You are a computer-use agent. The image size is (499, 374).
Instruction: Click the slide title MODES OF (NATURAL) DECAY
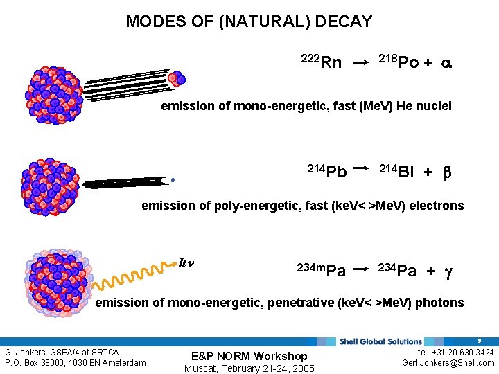pos(249,21)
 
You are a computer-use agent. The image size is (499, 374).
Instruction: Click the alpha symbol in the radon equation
pos(447,63)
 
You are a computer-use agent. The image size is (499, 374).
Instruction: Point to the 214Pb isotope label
pos(327,170)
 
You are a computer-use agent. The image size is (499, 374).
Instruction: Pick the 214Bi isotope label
pos(397,170)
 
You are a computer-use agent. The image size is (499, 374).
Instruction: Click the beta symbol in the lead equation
pos(446,172)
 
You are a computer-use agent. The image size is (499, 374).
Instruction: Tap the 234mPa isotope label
pos(321,269)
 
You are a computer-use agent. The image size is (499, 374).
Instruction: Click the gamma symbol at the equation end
pos(448,271)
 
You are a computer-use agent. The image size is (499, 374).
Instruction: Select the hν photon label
pos(185,262)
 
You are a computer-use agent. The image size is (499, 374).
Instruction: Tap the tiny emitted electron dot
pos(172,179)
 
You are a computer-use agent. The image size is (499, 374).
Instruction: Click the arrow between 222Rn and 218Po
pos(360,63)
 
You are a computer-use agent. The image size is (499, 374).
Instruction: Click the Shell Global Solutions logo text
pos(380,341)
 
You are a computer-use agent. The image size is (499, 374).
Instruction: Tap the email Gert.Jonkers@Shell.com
pos(448,363)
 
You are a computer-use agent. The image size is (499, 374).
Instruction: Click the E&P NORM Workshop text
pos(249,356)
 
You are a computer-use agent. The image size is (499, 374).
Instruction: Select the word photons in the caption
pos(439,303)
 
